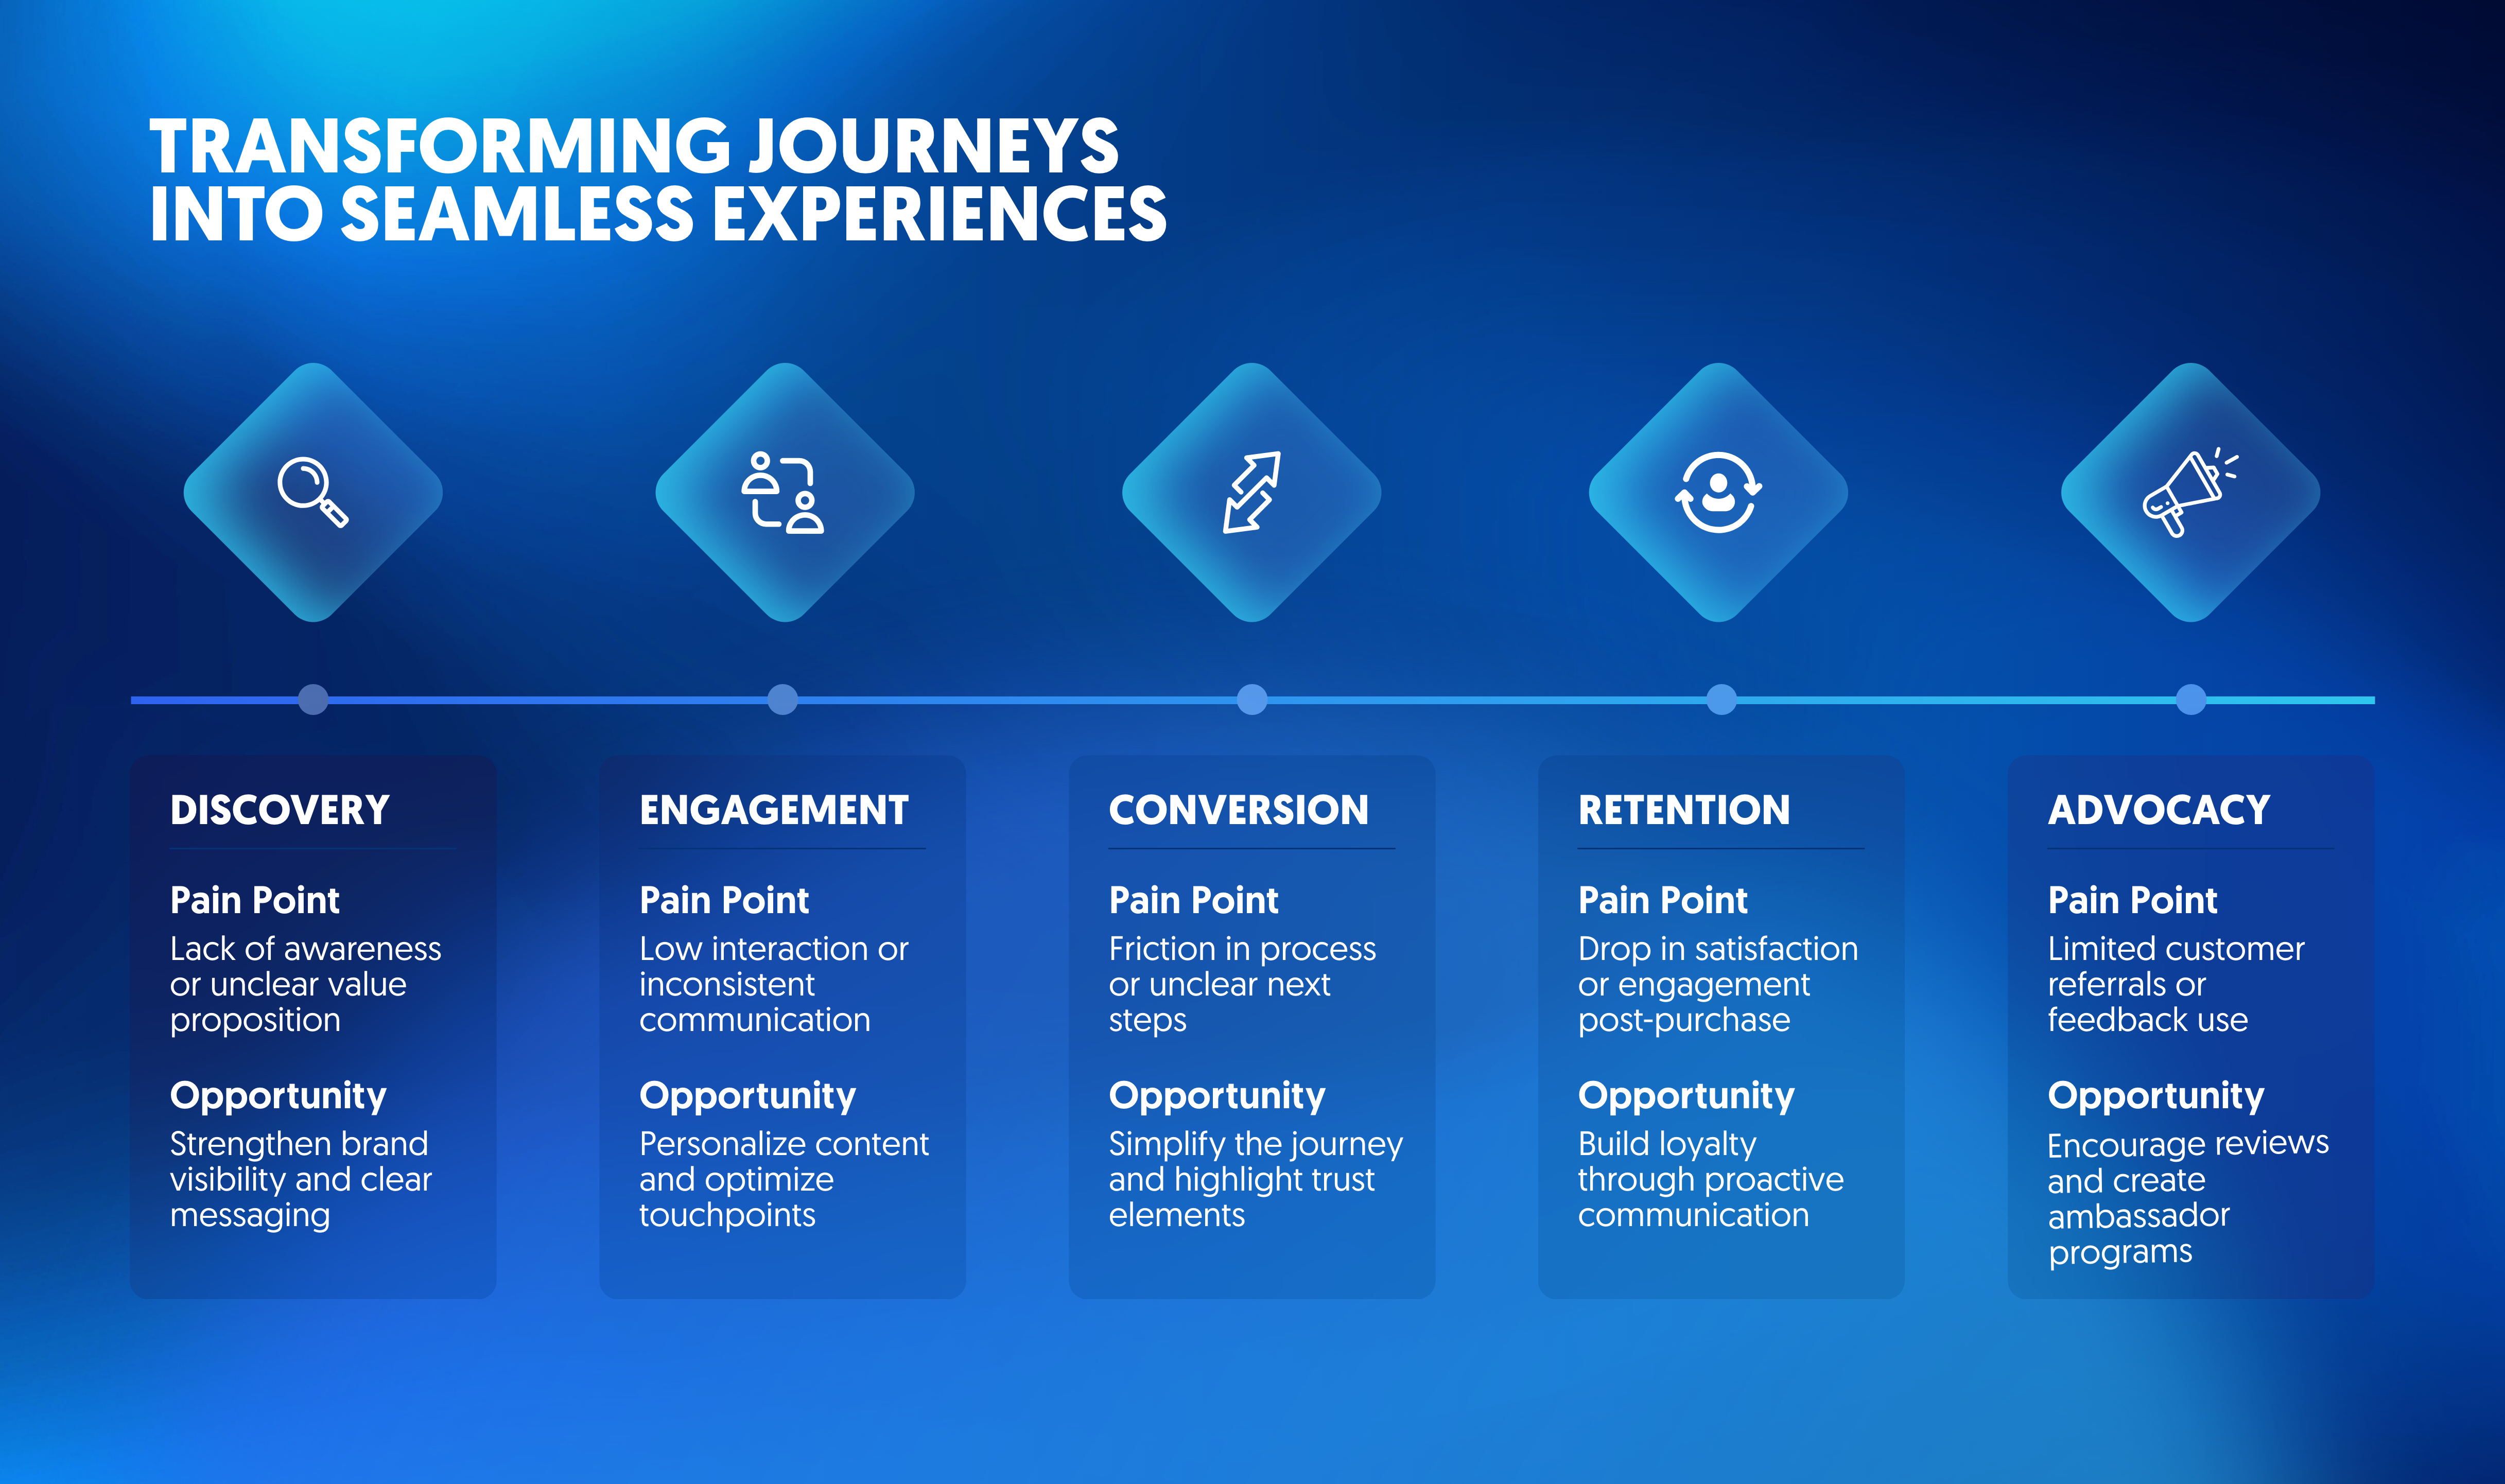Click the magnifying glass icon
point(312,491)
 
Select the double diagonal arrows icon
point(1251,492)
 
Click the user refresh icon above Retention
point(1718,492)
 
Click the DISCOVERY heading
point(280,810)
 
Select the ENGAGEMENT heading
point(774,810)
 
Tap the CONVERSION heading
point(1238,810)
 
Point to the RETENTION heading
point(1684,810)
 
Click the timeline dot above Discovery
point(313,699)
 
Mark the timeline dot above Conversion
point(1252,699)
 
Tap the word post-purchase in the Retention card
point(1684,1020)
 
